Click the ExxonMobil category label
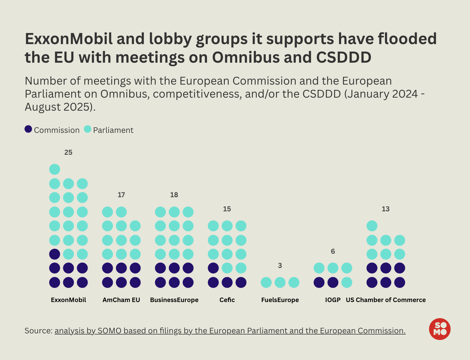68,300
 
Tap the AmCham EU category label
121,300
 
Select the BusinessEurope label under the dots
174,300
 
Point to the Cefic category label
227,300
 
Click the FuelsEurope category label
280,300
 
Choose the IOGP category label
333,300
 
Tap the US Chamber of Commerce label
386,300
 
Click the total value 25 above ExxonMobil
68,152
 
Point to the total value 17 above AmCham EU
121,195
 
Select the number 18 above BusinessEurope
174,195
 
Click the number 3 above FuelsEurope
280,265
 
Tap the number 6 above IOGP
333,251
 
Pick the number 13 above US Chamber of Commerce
385,209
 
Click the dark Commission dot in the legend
28,129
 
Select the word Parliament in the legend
113,130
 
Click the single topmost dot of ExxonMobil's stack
55,169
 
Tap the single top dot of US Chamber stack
372,226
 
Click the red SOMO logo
440,329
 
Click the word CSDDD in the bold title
344,57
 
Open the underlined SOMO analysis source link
230,331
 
